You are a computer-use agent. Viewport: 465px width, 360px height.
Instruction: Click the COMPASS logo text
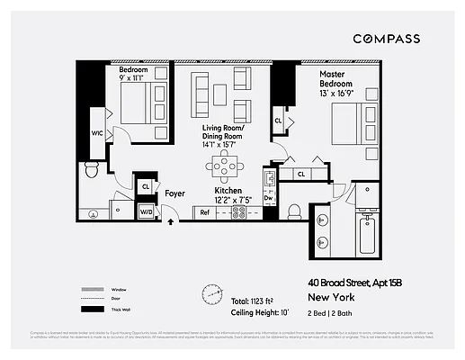(388, 38)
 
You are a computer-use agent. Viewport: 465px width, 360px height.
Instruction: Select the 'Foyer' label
(174, 193)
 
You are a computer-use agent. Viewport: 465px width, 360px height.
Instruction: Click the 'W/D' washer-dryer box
(145, 212)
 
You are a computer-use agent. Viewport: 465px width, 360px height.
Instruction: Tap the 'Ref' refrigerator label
(205, 213)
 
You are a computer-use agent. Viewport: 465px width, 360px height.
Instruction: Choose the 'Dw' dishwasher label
(268, 198)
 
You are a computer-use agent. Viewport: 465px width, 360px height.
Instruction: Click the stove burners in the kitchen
(239, 213)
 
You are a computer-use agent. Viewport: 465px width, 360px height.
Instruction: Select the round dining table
(224, 166)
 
